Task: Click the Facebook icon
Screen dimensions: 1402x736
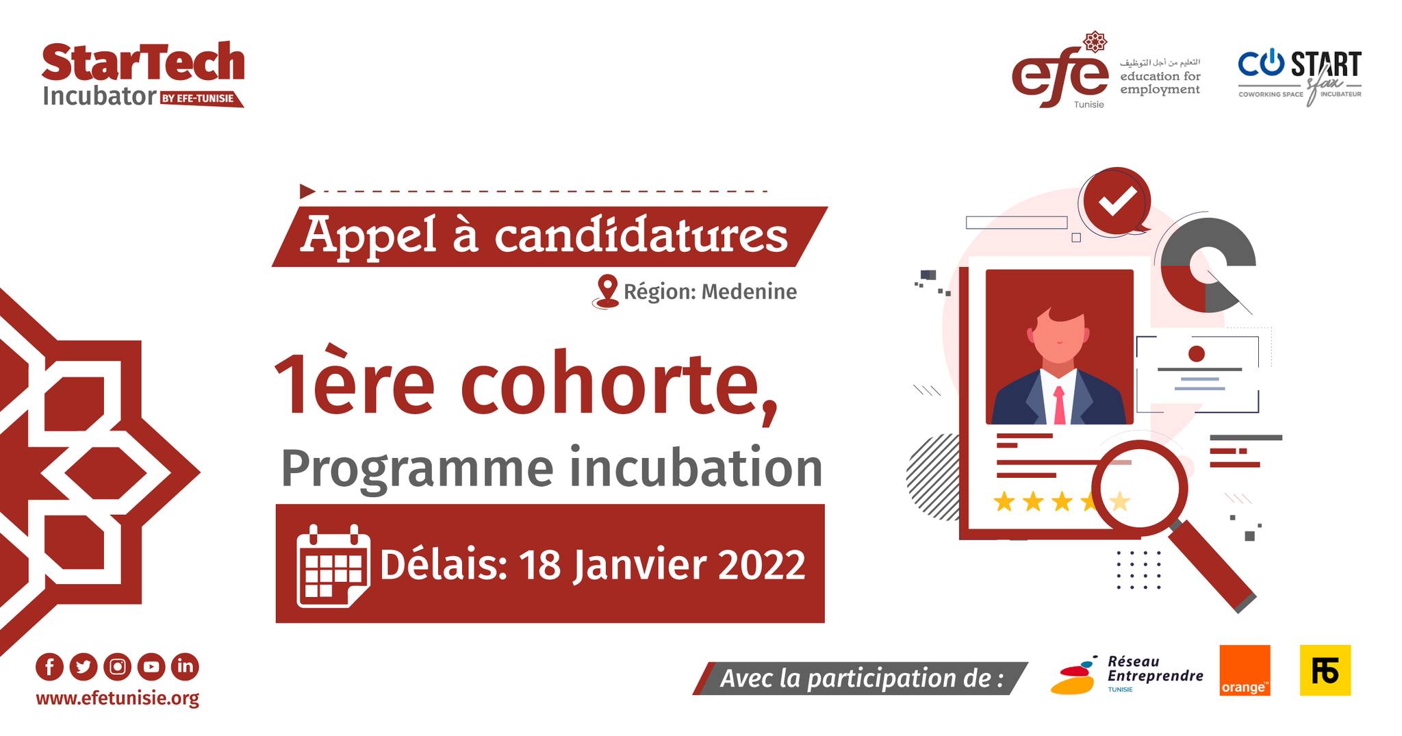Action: click(x=49, y=667)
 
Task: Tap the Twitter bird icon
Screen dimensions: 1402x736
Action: click(x=84, y=667)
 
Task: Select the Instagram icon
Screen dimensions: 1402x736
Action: click(x=118, y=667)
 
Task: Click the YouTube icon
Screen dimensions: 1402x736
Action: click(x=151, y=667)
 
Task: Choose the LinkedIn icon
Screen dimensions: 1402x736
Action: click(x=185, y=667)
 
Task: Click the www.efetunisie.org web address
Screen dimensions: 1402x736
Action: click(x=118, y=699)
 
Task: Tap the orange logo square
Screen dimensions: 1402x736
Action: click(x=1245, y=670)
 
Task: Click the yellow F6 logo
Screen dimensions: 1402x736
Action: click(x=1325, y=670)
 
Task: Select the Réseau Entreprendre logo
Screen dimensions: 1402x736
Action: click(x=1127, y=674)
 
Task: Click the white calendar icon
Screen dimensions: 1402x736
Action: click(x=333, y=566)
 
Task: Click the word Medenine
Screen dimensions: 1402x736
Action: click(x=749, y=292)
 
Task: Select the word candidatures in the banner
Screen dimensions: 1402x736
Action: click(x=641, y=236)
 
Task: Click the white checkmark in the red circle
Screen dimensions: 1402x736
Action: click(x=1117, y=200)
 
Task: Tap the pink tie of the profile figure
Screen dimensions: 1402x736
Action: click(x=1059, y=405)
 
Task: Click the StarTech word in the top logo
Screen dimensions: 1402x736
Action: click(x=143, y=62)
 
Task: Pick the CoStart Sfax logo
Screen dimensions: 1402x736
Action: click(x=1299, y=77)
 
